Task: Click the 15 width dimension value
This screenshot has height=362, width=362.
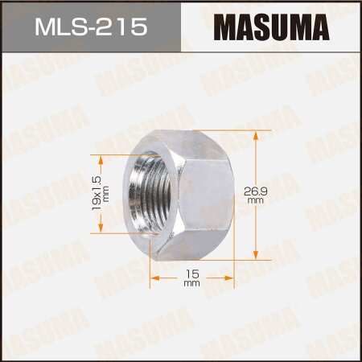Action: pos(191,274)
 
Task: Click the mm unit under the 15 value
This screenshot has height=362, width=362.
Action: pos(191,285)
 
